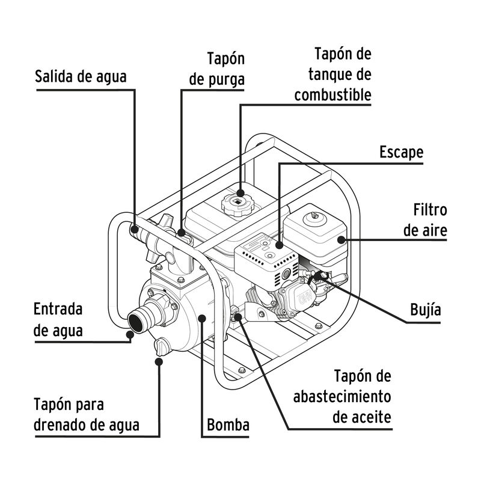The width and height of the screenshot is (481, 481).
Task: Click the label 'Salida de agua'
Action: point(81,76)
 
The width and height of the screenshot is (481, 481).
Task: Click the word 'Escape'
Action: point(401,152)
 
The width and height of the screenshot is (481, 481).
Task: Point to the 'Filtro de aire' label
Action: point(426,219)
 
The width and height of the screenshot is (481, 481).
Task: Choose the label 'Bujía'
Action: point(425,310)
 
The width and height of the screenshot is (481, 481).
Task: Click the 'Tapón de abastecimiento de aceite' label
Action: point(342,396)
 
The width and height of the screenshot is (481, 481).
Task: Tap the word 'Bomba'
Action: point(228,425)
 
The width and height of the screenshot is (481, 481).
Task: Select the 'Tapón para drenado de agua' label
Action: point(87,414)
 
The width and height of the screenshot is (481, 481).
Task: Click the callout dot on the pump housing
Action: point(202,318)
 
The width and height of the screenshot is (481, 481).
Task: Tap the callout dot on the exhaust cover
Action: point(280,245)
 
